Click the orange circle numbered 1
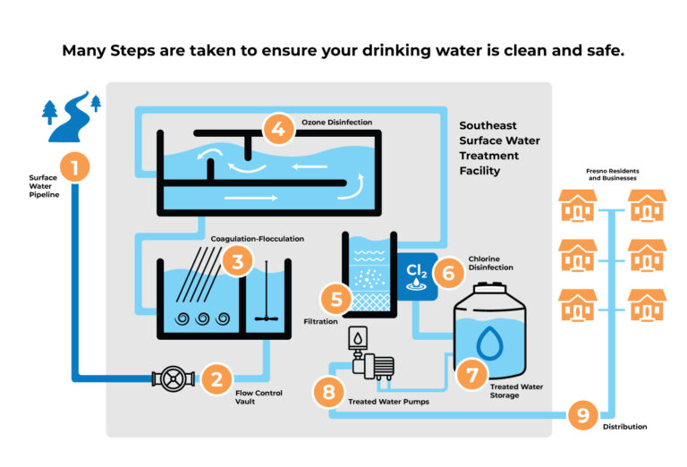(75, 166)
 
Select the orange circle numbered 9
(582, 414)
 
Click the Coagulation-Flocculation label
(258, 239)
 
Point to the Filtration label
(320, 319)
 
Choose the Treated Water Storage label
(516, 390)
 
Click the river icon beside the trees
(72, 116)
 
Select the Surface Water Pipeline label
(43, 185)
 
